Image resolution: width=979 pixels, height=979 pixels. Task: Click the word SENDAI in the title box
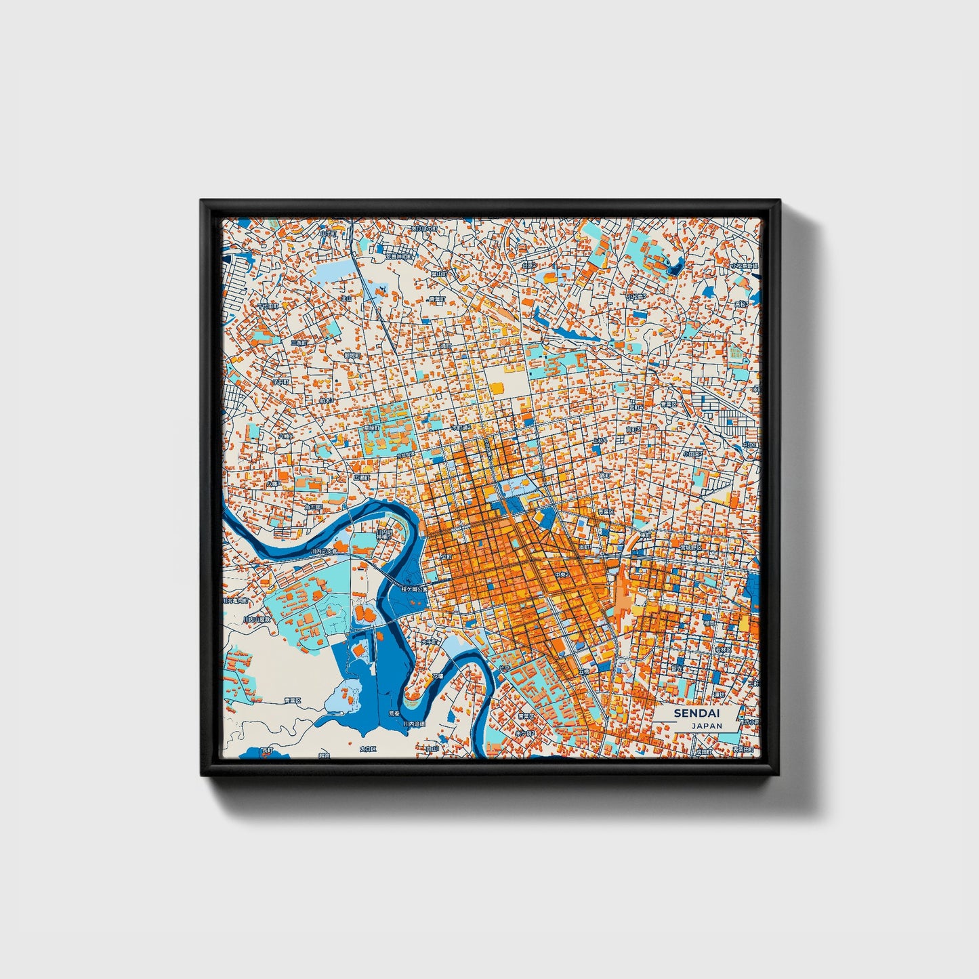click(696, 713)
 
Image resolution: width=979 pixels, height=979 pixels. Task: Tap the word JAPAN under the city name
click(707, 726)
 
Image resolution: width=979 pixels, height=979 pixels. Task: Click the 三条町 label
click(299, 343)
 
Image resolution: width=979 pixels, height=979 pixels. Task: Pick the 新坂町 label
click(352, 354)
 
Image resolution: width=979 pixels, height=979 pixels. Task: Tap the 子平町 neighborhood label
click(280, 381)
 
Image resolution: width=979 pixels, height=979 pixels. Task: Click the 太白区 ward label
click(367, 749)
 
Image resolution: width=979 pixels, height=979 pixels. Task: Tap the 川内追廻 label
click(414, 724)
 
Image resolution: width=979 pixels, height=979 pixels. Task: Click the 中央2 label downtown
click(562, 575)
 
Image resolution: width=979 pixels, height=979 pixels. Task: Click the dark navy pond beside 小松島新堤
click(675, 266)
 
